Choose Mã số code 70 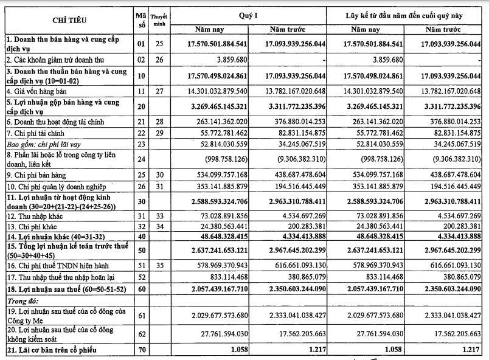pos(141,350)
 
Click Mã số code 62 pos(141,334)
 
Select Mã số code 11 pos(141,91)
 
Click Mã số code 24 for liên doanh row pos(141,159)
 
